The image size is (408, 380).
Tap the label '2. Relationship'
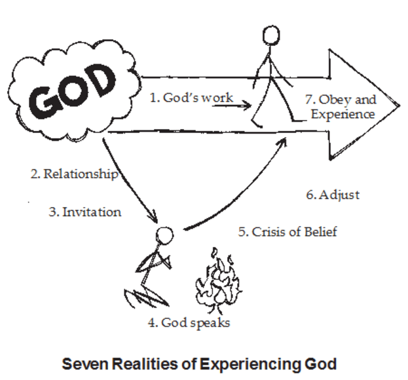click(x=74, y=174)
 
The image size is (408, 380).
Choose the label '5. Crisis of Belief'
click(x=287, y=231)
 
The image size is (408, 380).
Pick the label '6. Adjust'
click(x=333, y=195)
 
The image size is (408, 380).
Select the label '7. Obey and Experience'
click(x=341, y=106)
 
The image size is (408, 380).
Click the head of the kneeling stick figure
click(x=165, y=235)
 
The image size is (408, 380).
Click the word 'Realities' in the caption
click(x=143, y=361)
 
